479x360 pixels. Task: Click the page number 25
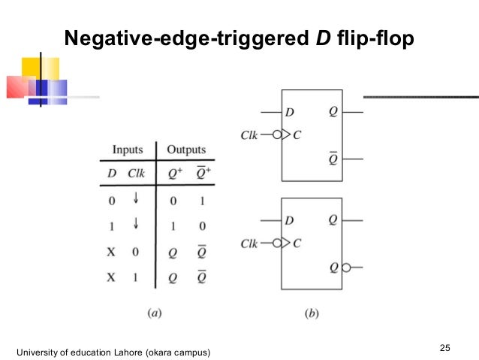[445, 347]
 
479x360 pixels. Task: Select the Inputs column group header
[127, 150]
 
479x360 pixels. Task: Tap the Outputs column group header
[185, 150]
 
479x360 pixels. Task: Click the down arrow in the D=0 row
[136, 199]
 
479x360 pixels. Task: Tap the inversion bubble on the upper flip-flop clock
[277, 135]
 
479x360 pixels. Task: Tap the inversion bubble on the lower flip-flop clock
[277, 243]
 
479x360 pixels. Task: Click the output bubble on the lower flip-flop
[346, 266]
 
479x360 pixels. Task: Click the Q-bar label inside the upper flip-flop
[333, 158]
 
